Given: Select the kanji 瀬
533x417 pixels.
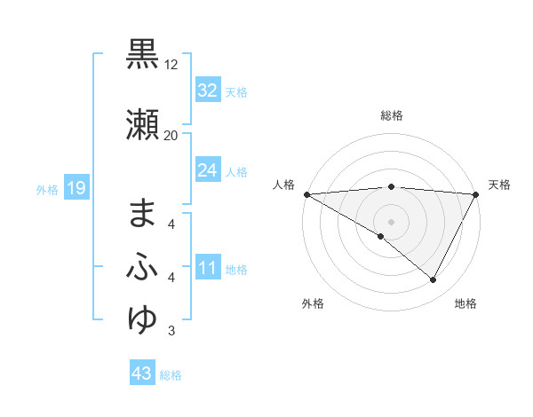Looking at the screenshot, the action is (143, 125).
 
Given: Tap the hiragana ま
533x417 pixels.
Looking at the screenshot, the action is (143, 213).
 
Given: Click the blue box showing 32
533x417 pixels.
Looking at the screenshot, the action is (207, 90).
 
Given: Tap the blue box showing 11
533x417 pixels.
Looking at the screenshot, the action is (207, 269).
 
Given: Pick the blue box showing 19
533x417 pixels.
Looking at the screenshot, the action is (76, 187).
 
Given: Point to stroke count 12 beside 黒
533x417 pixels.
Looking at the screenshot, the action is (171, 66).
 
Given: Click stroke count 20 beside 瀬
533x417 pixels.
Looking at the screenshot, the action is (171, 136).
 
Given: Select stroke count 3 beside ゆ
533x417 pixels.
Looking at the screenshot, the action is (171, 331).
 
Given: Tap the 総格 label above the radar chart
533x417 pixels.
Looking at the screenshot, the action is (392, 115).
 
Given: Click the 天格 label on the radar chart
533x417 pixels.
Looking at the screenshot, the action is (499, 185).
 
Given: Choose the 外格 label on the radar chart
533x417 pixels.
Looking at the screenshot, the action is (313, 304).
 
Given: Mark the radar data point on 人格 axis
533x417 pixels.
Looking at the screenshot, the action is (306, 193).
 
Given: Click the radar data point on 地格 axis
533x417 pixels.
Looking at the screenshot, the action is (434, 280).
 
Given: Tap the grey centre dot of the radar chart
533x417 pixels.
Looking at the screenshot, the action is (391, 221).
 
